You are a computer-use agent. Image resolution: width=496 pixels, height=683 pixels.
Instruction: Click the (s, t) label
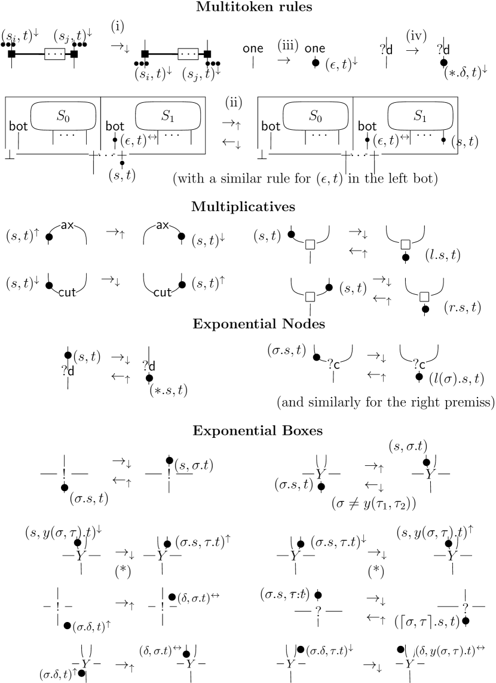tap(124, 176)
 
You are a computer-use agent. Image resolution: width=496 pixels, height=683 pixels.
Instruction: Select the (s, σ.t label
tap(405, 447)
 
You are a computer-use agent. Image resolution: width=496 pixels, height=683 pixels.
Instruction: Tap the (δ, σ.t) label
tap(155, 651)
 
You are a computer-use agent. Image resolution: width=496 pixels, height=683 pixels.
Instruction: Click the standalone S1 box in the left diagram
tap(168, 116)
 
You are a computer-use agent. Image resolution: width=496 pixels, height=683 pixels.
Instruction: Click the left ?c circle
tap(333, 363)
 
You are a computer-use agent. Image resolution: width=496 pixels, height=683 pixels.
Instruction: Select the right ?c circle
tap(418, 364)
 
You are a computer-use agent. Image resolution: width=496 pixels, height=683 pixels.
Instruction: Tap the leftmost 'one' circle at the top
tap(253, 49)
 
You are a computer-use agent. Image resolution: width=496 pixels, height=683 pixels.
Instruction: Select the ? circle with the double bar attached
tap(466, 608)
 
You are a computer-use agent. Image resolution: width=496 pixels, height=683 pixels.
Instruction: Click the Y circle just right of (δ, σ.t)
tap(191, 663)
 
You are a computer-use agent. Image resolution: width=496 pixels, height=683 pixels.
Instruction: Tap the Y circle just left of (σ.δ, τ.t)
tap(290, 663)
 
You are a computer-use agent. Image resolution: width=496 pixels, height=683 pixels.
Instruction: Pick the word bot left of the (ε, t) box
tap(367, 126)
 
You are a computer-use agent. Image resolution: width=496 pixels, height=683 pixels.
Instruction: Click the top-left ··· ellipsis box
tap(55, 54)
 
